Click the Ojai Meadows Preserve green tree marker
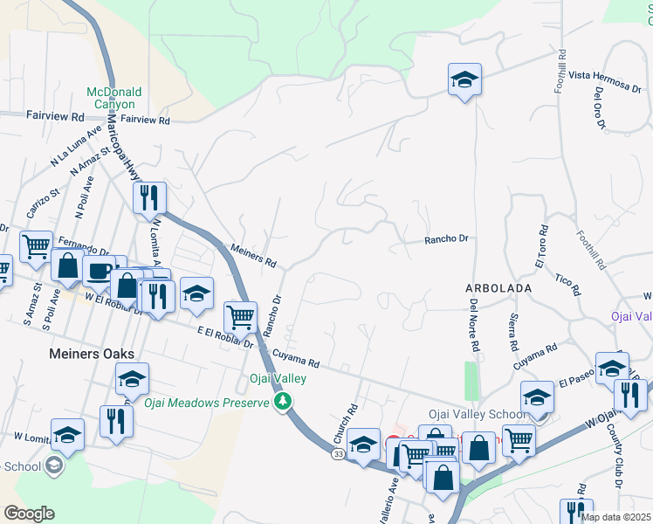[x=282, y=401]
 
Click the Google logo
[x=28, y=514]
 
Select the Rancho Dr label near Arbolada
[x=446, y=238]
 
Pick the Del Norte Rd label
[x=475, y=325]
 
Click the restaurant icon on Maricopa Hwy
[x=149, y=197]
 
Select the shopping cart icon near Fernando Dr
[x=36, y=246]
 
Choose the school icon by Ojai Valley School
[x=538, y=397]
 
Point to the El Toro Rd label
[x=541, y=246]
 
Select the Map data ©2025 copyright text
[x=616, y=517]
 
